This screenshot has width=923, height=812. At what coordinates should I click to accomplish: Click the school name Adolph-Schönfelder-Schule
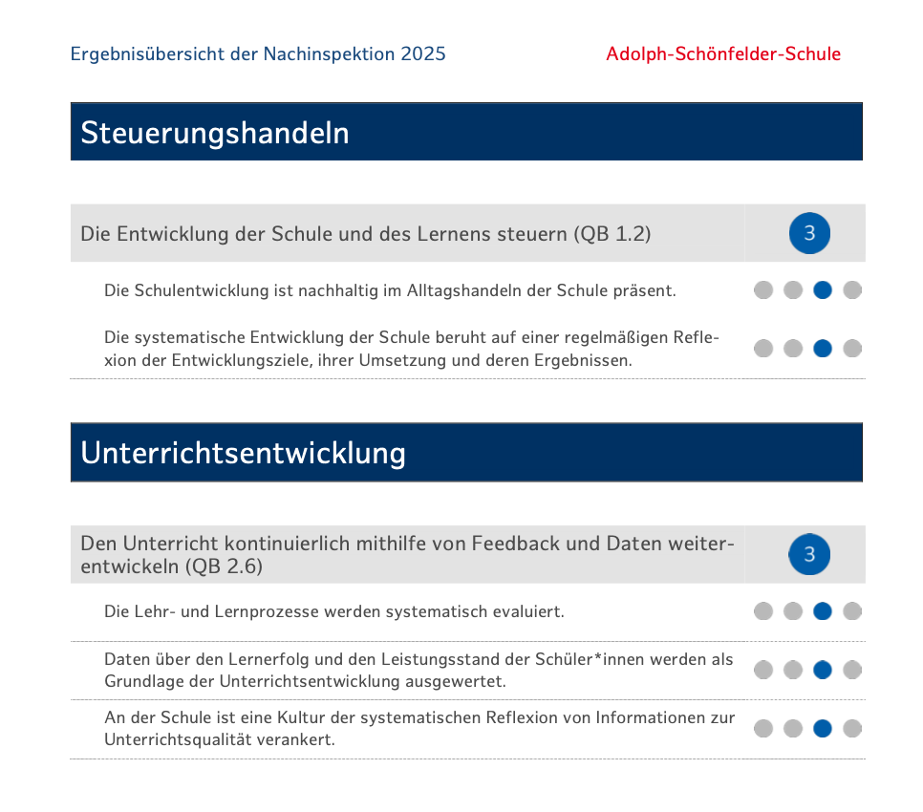(x=723, y=53)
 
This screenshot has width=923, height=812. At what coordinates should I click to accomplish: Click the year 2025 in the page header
(x=423, y=53)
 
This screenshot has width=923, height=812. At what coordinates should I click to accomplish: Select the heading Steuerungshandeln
(x=215, y=133)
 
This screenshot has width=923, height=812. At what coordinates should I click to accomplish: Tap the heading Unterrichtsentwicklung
(x=243, y=453)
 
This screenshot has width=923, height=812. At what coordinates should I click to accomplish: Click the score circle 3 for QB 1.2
(x=809, y=233)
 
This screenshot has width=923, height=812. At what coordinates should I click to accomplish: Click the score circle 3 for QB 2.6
(x=809, y=554)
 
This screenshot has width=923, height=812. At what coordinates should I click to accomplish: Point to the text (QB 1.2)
(x=612, y=233)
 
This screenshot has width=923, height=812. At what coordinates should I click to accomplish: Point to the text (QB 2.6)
(x=225, y=566)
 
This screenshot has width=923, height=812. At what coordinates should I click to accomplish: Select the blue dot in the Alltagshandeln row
(x=823, y=290)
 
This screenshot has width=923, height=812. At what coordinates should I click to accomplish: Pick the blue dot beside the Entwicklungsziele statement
(x=823, y=349)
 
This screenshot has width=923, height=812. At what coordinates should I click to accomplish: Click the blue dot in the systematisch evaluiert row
(x=823, y=611)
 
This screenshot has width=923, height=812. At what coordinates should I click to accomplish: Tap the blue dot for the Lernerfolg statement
(x=823, y=670)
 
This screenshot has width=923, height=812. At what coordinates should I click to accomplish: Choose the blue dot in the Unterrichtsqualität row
(x=823, y=729)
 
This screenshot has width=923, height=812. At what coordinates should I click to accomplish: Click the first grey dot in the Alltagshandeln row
(x=763, y=290)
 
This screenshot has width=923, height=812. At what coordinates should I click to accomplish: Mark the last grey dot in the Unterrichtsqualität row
(x=852, y=729)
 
